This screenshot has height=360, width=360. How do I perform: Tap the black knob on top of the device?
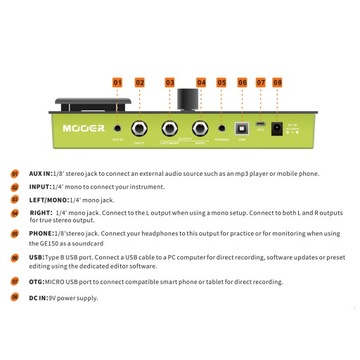tap(187, 103)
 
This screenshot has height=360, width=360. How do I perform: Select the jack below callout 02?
tap(141, 129)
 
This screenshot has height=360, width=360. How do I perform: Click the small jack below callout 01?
tap(118, 129)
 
